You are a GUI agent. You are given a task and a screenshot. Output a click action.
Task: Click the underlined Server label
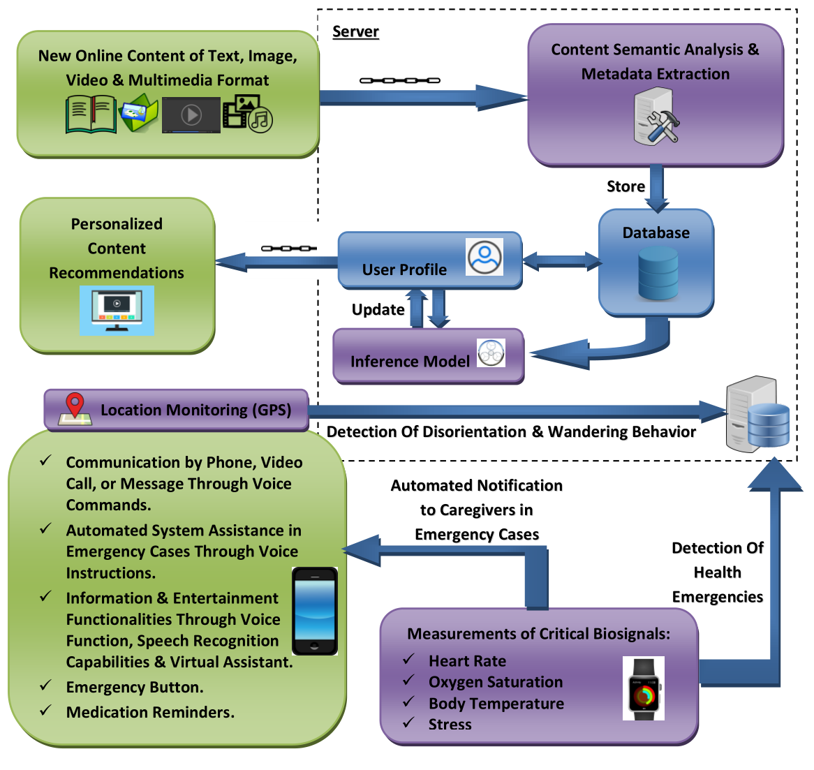pos(355,32)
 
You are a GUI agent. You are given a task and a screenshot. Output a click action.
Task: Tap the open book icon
pos(91,115)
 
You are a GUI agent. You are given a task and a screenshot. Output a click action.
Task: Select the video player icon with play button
pos(191,115)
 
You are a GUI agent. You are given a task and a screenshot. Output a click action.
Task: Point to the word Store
pos(626,186)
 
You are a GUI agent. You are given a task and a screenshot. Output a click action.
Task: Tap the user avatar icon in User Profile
pos(484,257)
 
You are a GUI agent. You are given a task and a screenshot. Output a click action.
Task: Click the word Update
pos(378,310)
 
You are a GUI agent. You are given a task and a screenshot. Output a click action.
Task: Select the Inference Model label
pos(410,362)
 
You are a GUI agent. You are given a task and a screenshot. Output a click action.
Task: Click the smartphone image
pos(314,611)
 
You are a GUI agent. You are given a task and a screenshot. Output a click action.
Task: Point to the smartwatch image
pos(644,688)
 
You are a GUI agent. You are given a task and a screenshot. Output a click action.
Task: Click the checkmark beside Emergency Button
pos(46,686)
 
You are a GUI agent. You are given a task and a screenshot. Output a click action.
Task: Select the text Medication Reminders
pos(150,713)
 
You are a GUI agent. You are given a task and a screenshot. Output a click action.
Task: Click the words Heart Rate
pos(467,661)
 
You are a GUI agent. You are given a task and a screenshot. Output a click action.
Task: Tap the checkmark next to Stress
pos(409,723)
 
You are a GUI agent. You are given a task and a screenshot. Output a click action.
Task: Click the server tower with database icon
pos(757,415)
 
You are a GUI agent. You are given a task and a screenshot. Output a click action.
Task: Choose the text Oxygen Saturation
pos(496,682)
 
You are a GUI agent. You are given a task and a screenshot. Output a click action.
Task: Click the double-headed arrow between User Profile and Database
pos(561,262)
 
